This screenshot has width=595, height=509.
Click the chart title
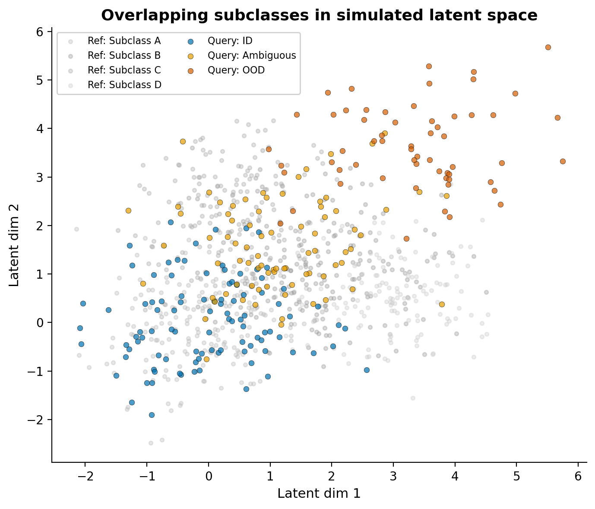[x=319, y=16]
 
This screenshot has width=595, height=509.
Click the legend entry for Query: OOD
[x=236, y=70]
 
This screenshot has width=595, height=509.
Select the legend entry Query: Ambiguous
[x=251, y=55]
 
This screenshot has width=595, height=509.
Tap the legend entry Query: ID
[x=230, y=41]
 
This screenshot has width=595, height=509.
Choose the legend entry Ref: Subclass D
[x=124, y=85]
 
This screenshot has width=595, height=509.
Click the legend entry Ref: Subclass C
[x=124, y=70]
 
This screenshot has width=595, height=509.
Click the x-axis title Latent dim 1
[x=319, y=493]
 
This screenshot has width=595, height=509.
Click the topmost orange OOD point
[x=548, y=47]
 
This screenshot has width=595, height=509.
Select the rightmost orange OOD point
[x=563, y=161]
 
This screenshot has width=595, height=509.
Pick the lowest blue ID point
[x=152, y=415]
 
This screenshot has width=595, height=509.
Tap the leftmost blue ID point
[x=80, y=328]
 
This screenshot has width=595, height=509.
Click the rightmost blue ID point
[x=367, y=370]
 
